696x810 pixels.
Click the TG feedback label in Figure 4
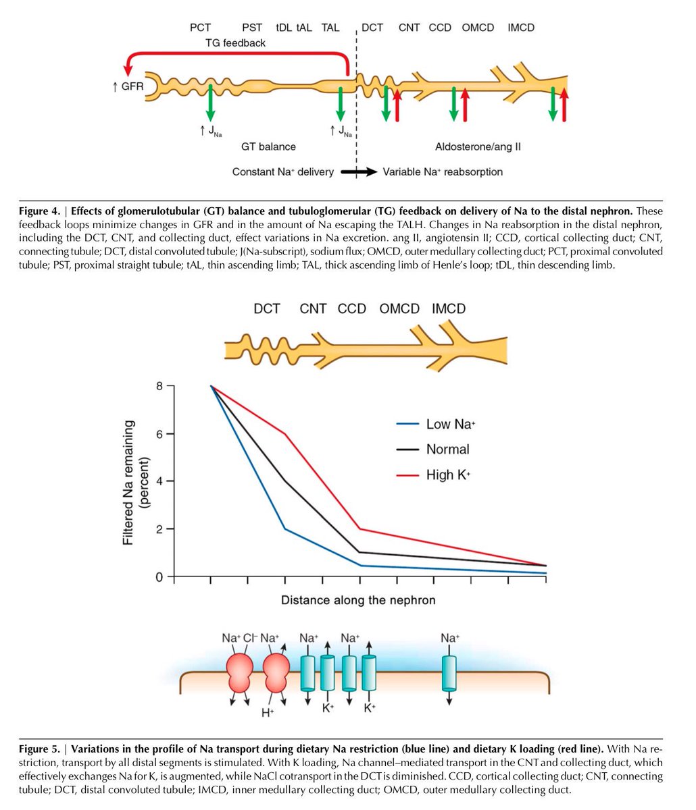(x=235, y=43)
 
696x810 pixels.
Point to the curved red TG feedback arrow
(x=237, y=56)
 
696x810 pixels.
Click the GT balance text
(x=268, y=146)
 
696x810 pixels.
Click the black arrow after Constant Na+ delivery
(x=358, y=172)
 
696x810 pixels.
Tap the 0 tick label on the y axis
(x=159, y=577)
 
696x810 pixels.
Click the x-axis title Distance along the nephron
(x=358, y=600)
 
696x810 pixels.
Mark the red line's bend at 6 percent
(x=286, y=434)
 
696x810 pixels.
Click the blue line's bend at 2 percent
(x=286, y=529)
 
